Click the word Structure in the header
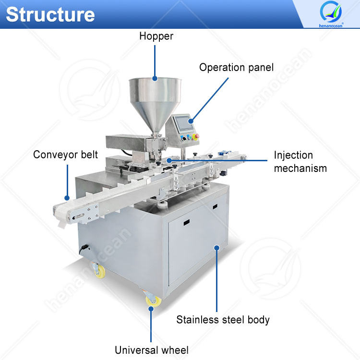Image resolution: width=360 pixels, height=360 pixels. tap(50, 14)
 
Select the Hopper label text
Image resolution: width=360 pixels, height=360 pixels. tap(156, 36)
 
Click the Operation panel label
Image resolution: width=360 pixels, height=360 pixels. tap(236, 67)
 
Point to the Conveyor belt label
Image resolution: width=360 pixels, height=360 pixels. tap(65, 155)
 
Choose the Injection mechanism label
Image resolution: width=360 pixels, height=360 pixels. tap(300, 162)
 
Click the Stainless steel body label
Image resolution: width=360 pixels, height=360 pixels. tap(223, 319)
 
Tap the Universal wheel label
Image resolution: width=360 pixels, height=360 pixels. tap(151, 349)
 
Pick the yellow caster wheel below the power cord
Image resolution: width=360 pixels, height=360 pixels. tap(99, 272)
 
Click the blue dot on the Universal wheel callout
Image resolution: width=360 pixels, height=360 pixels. tap(151, 308)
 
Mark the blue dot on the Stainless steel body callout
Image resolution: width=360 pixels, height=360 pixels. tap(217, 248)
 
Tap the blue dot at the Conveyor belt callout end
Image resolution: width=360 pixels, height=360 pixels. tap(68, 197)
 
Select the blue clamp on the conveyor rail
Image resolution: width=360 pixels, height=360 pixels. tap(224, 154)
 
